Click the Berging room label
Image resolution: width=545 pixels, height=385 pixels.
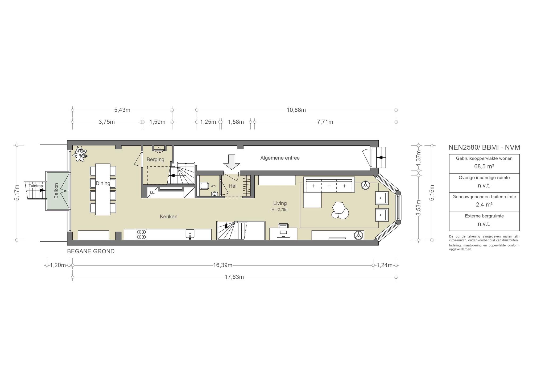(x=155, y=160)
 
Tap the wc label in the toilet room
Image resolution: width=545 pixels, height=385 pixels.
(x=213, y=186)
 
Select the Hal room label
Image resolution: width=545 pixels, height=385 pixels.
(x=233, y=186)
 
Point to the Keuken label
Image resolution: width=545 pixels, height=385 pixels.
(x=168, y=217)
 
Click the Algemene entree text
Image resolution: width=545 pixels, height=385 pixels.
(x=280, y=158)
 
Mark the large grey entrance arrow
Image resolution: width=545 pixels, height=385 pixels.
(x=232, y=162)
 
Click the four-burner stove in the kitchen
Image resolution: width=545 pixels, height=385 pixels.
(x=141, y=235)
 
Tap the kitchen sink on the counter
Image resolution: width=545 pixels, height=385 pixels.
(x=190, y=234)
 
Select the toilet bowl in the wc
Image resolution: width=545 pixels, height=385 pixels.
(x=204, y=185)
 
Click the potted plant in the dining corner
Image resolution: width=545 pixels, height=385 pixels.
(x=80, y=154)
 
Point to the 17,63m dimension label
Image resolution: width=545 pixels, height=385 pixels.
(x=234, y=277)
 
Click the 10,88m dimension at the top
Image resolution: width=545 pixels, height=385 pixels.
(x=296, y=110)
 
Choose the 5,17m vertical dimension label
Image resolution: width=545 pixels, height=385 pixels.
(x=17, y=193)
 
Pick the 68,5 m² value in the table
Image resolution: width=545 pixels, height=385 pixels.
(x=484, y=166)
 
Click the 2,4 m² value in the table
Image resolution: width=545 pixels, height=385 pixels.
(x=484, y=204)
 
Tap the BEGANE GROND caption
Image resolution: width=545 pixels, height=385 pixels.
(x=91, y=251)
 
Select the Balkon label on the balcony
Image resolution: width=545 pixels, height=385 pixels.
(x=56, y=191)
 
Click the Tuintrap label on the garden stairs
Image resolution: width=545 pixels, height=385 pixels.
(x=36, y=186)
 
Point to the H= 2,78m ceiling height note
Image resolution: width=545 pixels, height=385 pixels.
(x=280, y=210)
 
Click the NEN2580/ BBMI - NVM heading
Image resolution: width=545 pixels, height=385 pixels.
(x=484, y=147)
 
